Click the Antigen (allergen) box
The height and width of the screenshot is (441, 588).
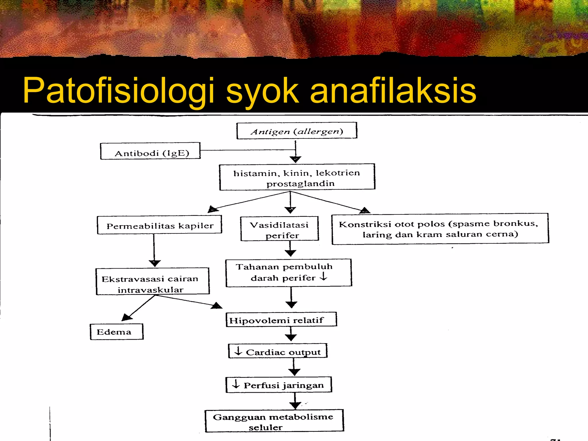coord(297,131)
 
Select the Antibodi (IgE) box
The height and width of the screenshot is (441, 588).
coord(150,151)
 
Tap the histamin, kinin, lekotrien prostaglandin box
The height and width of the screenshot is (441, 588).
coord(297,177)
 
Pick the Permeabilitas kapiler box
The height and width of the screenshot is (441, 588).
coord(159,225)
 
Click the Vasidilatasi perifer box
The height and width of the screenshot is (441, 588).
coord(279,229)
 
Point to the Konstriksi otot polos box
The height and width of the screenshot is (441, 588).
coord(440,229)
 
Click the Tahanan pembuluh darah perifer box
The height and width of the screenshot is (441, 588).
coord(289,273)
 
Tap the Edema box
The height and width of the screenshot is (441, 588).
coord(117,332)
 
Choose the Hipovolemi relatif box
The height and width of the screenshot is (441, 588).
coord(281,320)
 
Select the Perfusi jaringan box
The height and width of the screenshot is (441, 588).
coord(278,385)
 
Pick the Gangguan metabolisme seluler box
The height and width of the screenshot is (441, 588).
coord(274,421)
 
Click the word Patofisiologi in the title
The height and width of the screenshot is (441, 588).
coord(119,90)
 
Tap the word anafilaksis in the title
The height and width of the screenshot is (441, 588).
coord(393,90)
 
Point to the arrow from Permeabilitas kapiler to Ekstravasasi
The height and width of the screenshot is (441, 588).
coord(154,250)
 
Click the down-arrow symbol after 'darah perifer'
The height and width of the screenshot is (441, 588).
coord(324,276)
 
